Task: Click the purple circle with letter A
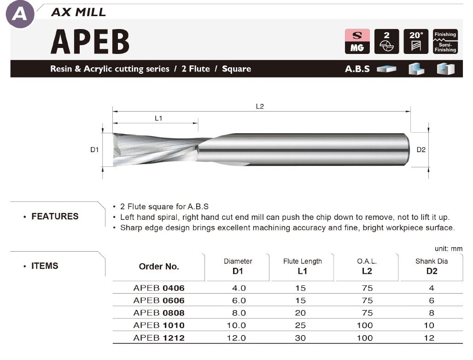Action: [x=20, y=14]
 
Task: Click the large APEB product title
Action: [x=90, y=41]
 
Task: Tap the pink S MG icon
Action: [x=357, y=41]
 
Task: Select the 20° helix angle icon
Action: [x=416, y=41]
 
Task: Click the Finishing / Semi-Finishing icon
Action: [x=445, y=41]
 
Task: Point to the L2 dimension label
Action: [x=260, y=106]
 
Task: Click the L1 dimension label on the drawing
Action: [x=158, y=118]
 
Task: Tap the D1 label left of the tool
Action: [x=94, y=149]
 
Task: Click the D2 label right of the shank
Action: [x=421, y=149]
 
